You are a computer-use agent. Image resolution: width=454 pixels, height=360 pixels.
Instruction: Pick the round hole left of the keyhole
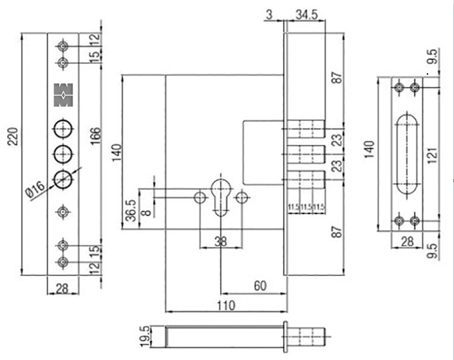(200, 197)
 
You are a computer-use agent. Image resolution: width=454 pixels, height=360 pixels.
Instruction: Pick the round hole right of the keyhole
(243, 197)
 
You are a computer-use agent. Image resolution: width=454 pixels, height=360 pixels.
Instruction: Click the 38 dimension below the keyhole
(221, 242)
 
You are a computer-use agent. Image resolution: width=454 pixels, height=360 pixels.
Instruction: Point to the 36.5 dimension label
(130, 210)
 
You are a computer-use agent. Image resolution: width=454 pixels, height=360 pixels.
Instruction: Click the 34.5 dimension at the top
(306, 14)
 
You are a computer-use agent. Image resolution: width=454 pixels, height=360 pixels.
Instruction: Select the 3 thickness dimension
(269, 14)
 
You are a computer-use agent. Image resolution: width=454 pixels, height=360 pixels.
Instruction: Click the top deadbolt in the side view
(304, 129)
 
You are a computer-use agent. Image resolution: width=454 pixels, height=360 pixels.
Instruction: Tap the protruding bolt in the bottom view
(310, 336)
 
